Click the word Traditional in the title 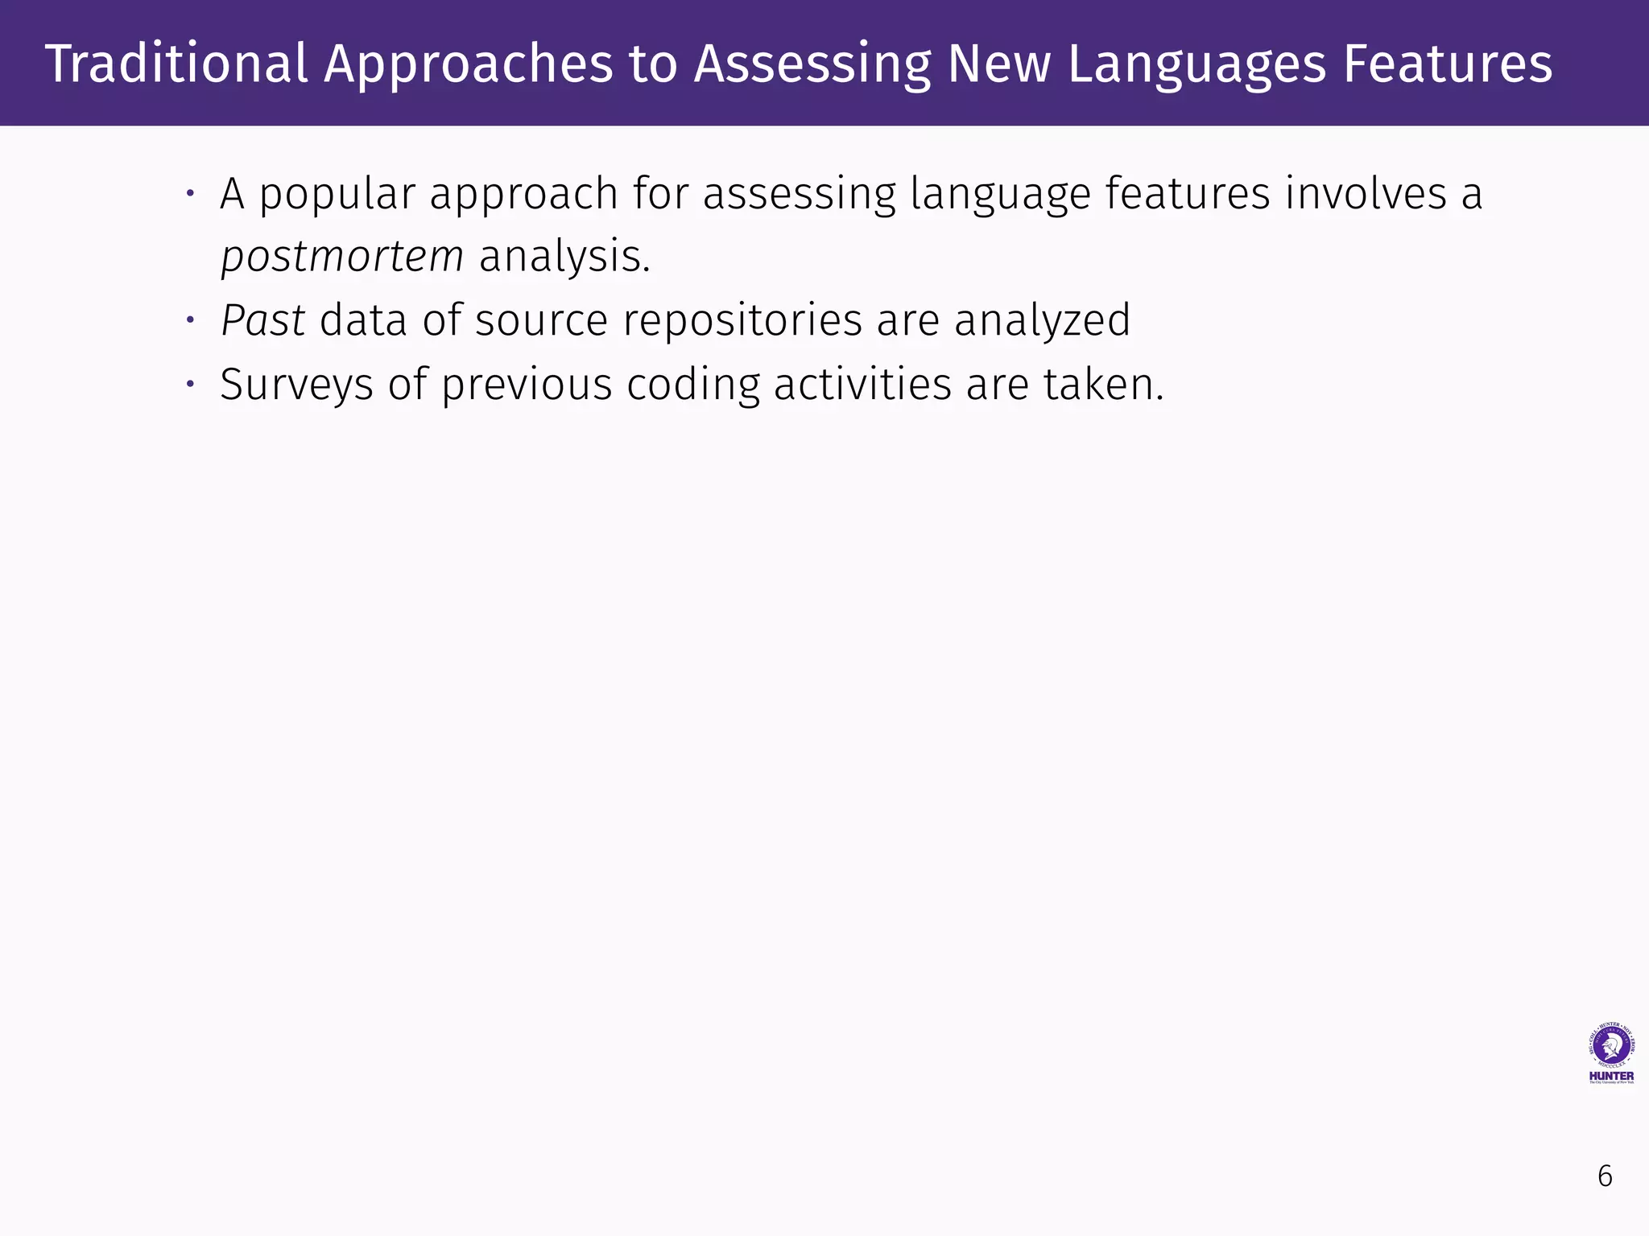coord(176,64)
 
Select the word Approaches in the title coord(469,64)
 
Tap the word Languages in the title coord(1196,64)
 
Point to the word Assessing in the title coord(812,64)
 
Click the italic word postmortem coord(342,257)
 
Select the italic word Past coord(262,320)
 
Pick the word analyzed coord(1042,320)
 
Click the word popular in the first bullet coord(337,194)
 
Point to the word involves coord(1366,194)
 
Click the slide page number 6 coord(1605,1176)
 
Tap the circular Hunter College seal coord(1611,1046)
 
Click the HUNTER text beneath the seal coord(1611,1076)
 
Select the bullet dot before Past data coord(191,320)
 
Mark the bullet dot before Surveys coord(191,384)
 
